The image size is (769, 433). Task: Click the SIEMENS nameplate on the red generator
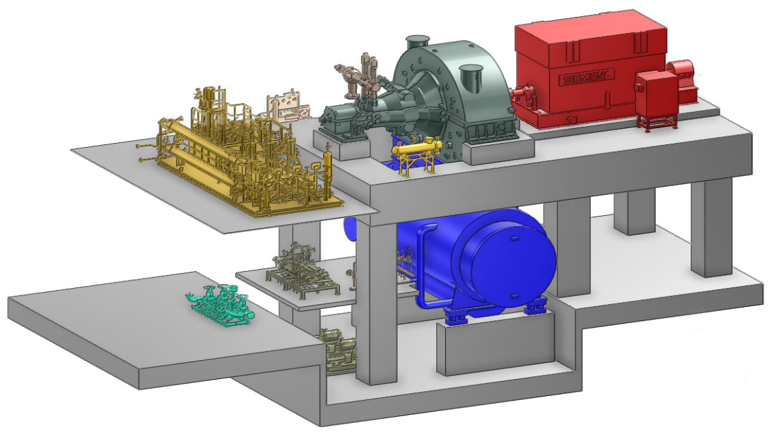(588, 77)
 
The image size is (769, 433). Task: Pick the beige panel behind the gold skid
(287, 107)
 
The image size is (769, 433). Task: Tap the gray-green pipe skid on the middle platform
(302, 270)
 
